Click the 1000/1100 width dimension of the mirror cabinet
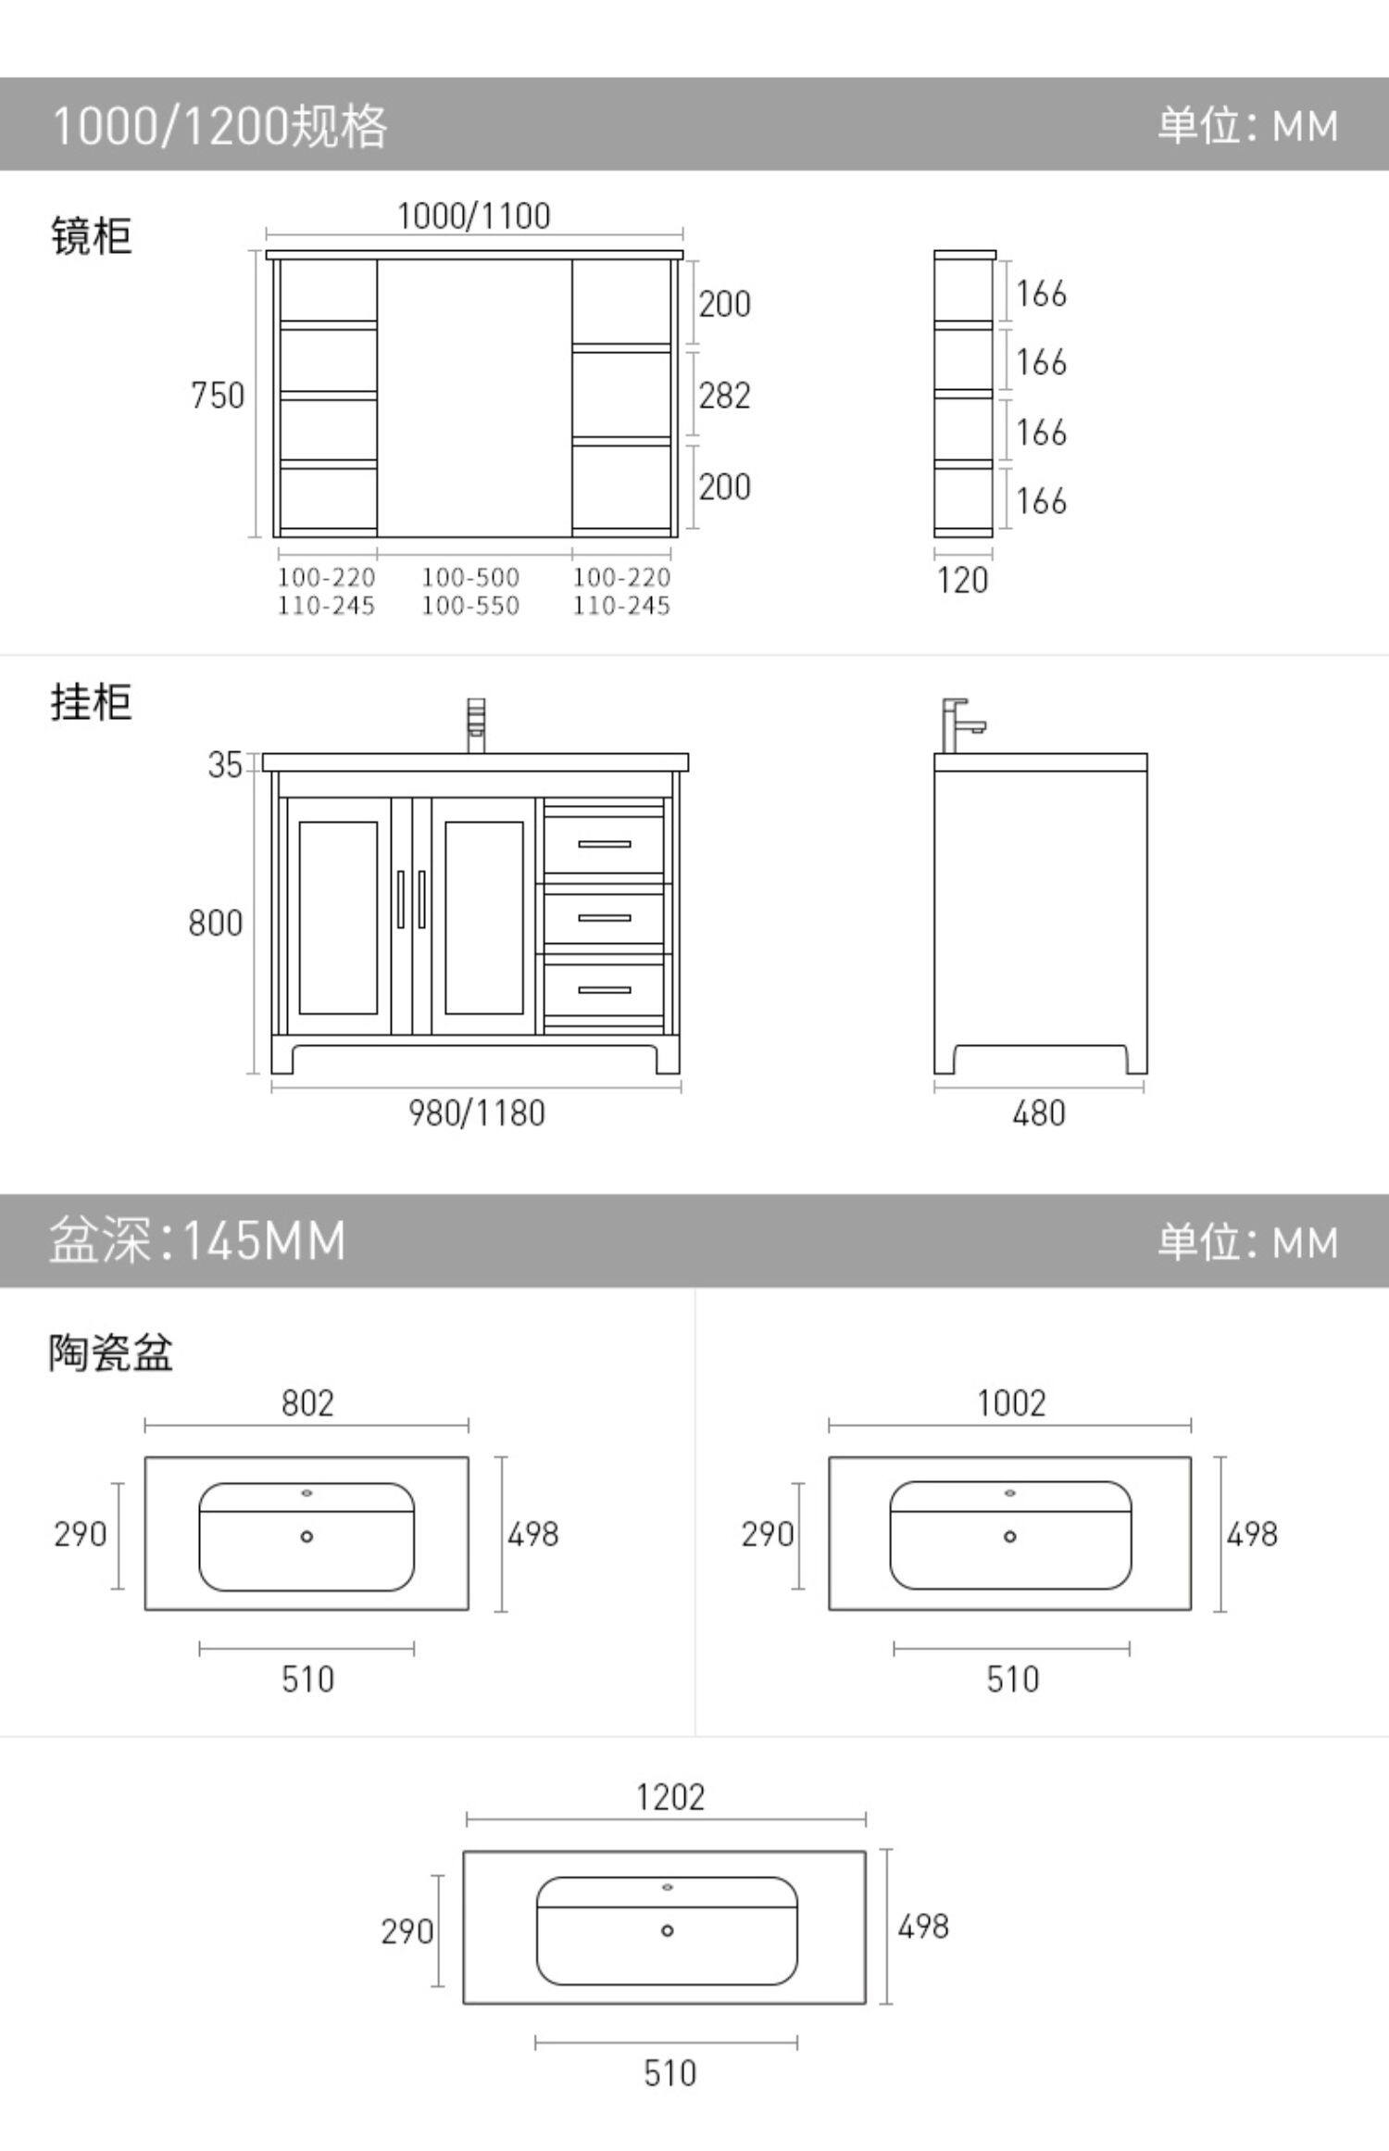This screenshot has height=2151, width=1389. [473, 216]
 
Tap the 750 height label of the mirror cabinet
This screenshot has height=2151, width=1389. [218, 396]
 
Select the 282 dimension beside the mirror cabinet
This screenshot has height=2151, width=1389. [724, 396]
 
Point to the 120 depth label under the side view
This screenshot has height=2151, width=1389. [962, 581]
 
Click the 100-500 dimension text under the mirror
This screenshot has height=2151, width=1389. [470, 577]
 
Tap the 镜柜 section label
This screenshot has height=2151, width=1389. [91, 235]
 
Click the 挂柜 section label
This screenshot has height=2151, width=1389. [91, 701]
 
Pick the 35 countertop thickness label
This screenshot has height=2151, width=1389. [224, 765]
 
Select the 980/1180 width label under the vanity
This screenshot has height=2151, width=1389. [477, 1113]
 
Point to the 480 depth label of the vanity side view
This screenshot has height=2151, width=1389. [1039, 1113]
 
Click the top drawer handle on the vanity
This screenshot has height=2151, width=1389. [604, 844]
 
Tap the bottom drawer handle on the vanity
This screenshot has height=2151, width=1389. [604, 989]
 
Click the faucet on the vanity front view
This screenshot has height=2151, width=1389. [476, 724]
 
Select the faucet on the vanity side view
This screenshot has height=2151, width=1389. [959, 724]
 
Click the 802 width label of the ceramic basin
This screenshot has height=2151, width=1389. [307, 1403]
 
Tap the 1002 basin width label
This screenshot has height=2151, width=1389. [1011, 1403]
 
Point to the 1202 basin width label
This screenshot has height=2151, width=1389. [670, 1797]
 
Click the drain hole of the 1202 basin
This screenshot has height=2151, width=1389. [667, 1931]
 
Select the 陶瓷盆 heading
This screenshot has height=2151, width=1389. [110, 1352]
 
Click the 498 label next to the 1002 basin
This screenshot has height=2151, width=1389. [1252, 1534]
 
